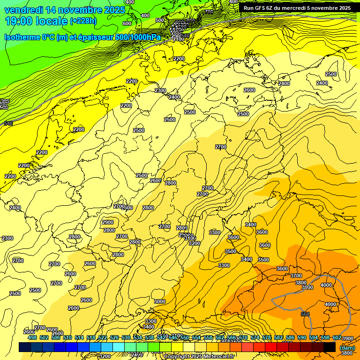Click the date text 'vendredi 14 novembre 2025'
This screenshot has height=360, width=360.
click(x=65, y=10)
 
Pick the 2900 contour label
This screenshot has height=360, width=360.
click(x=107, y=222)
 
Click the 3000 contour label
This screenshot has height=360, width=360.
click(x=160, y=301)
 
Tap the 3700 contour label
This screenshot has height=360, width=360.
click(x=296, y=276)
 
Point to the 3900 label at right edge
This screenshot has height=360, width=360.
click(x=347, y=338)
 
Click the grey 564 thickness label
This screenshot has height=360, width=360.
click(x=305, y=314)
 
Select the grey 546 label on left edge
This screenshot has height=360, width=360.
click(x=8, y=123)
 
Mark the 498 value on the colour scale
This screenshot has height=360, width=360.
click(x=32, y=337)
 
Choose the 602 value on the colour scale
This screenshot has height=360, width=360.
click(x=337, y=337)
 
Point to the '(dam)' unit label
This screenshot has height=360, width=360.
click(x=347, y=347)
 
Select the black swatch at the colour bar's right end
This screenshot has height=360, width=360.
click(x=330, y=347)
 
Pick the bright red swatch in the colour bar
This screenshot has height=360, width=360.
click(x=270, y=347)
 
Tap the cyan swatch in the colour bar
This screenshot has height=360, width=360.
click(x=119, y=347)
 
